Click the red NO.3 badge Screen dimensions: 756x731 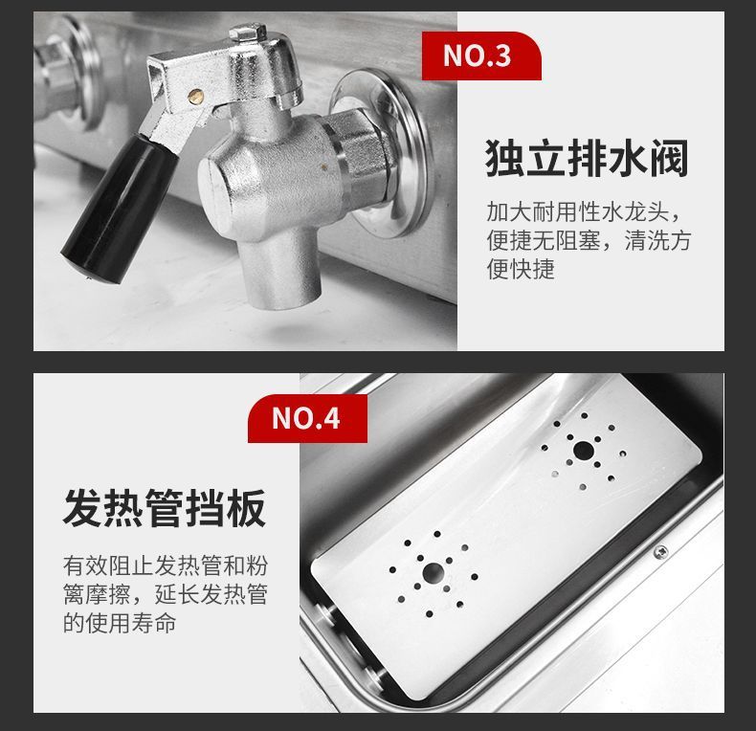coord(481,55)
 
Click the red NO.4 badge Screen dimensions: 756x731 coord(307,418)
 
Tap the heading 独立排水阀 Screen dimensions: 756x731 coord(587,158)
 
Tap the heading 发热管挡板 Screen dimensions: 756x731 coord(165,508)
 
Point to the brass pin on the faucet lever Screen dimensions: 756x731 coord(195,95)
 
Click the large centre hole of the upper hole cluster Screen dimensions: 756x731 coord(584,451)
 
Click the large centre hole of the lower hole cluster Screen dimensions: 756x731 coord(433,573)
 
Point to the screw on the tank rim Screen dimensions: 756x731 coord(660,552)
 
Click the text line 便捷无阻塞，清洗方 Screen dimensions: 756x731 coord(589,240)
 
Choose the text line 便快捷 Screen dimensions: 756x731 coord(521,269)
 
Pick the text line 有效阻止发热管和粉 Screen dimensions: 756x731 coord(166,565)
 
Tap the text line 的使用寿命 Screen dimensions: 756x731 coord(120,623)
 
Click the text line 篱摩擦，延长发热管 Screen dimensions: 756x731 coord(166,594)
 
